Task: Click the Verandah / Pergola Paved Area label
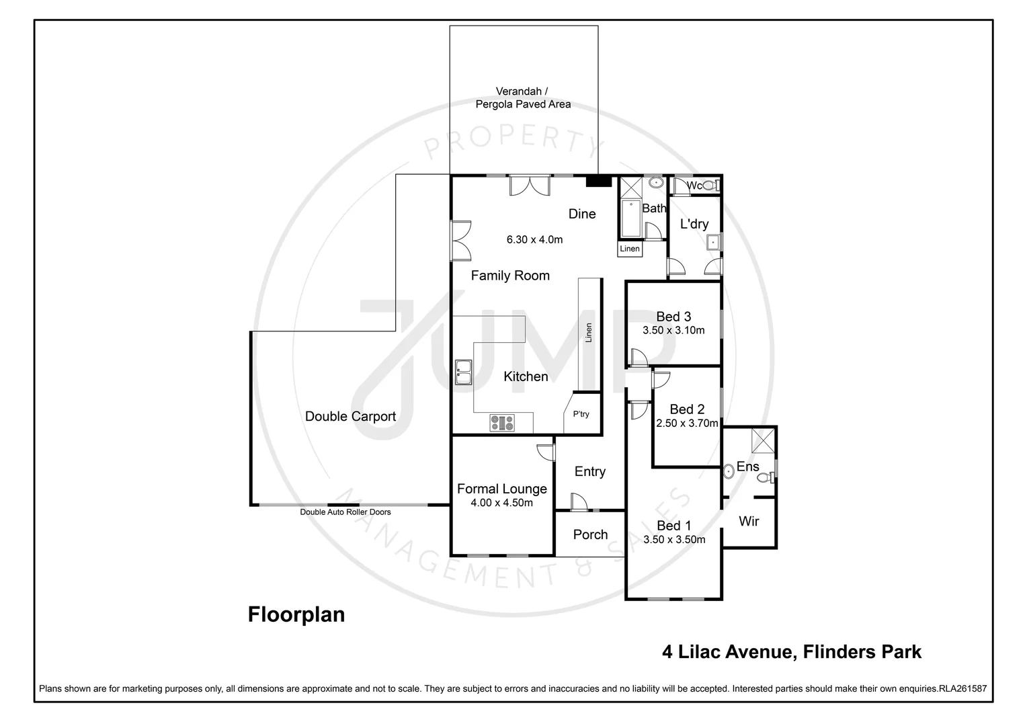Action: (523, 97)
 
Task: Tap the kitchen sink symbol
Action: (463, 372)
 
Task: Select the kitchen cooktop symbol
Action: (502, 423)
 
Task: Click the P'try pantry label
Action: (581, 414)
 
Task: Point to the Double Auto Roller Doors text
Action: (345, 512)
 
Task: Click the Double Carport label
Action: (350, 416)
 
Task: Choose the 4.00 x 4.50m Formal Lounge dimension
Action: (501, 503)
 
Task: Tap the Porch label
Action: (590, 534)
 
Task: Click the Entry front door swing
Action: (578, 501)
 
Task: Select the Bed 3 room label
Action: (673, 317)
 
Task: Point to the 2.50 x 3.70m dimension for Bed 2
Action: (687, 424)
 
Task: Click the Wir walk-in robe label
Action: (749, 521)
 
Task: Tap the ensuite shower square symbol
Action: (762, 440)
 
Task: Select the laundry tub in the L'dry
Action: (714, 242)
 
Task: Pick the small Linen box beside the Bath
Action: (630, 249)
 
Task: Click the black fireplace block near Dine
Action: (598, 181)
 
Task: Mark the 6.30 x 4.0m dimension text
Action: (534, 239)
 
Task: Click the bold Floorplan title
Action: (296, 614)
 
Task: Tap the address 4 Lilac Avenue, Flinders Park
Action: (792, 651)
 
